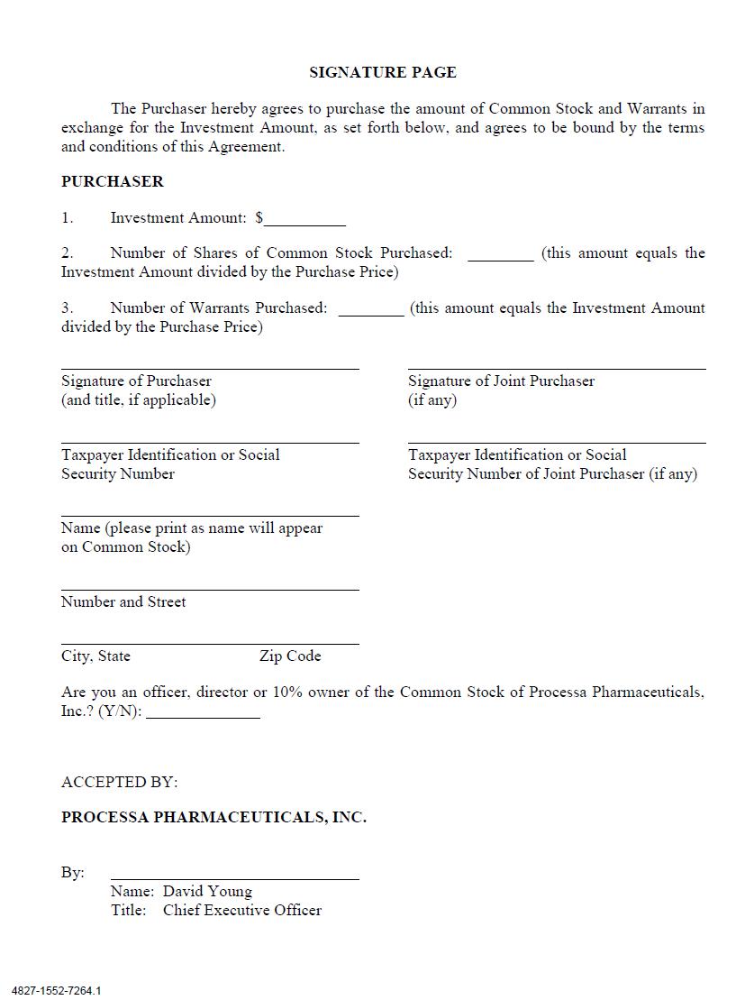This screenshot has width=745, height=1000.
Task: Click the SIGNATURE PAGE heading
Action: coord(383,72)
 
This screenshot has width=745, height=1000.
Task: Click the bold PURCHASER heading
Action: coord(113,181)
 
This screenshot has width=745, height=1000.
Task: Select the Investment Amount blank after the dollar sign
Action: coord(305,219)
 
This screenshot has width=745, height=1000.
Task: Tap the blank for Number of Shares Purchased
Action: coord(501,255)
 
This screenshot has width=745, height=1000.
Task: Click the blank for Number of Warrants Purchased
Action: coord(371,310)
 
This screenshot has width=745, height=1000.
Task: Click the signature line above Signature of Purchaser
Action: coord(210,368)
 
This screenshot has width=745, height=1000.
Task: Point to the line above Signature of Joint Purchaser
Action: coord(557,368)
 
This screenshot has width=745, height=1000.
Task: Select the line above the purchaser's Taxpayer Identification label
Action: coord(210,442)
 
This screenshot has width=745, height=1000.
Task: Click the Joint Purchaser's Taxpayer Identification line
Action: coord(557,442)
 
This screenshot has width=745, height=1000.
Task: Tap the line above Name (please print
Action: coord(210,515)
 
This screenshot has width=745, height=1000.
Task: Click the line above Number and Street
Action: coord(210,589)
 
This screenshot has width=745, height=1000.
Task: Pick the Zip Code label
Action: coord(290,656)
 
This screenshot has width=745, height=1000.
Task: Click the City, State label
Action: coord(95,656)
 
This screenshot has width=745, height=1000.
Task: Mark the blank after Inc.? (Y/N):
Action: coord(203,713)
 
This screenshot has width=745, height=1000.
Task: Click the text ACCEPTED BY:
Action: coord(120,782)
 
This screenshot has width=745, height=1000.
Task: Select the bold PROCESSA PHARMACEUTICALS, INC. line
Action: coord(214,818)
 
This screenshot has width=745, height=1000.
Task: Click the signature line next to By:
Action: coord(234,876)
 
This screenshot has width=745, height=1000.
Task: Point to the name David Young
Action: coord(207,892)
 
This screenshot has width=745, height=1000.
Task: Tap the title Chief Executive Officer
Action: coord(241,911)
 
